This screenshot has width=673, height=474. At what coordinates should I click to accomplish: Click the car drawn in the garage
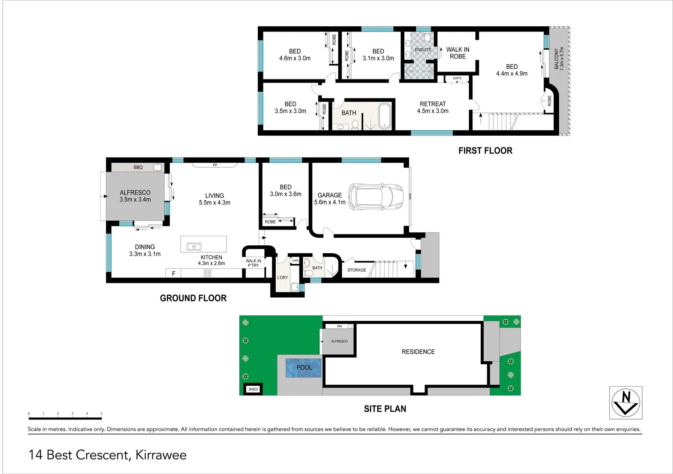[376, 196]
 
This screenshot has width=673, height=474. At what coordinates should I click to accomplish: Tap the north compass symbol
[626, 402]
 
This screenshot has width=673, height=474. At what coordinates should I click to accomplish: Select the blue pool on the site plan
[303, 368]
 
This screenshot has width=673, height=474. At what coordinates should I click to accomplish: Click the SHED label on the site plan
[253, 389]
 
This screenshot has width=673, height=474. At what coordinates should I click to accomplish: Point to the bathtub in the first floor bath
[384, 116]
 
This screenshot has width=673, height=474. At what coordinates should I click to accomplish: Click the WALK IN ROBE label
[457, 53]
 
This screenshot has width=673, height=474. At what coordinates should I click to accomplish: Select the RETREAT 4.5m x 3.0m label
[432, 108]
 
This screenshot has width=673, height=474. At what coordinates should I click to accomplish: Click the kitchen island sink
[194, 247]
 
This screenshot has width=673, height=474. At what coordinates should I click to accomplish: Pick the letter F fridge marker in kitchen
[173, 273]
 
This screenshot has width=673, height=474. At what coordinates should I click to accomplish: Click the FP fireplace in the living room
[215, 165]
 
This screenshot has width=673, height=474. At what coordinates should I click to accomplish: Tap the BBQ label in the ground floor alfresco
[138, 167]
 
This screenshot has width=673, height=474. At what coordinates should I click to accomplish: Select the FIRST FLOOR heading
[485, 151]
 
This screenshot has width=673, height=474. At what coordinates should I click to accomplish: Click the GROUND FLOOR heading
[193, 298]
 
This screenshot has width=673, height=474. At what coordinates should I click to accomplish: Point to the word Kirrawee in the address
[161, 455]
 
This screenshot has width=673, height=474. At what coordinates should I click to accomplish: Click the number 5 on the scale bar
[101, 413]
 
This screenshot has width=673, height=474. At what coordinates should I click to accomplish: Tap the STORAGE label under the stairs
[356, 270]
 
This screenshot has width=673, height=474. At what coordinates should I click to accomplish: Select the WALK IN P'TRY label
[253, 263]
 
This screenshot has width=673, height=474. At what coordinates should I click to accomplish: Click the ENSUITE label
[423, 50]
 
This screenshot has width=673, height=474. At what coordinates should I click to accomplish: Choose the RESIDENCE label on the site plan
[418, 352]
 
